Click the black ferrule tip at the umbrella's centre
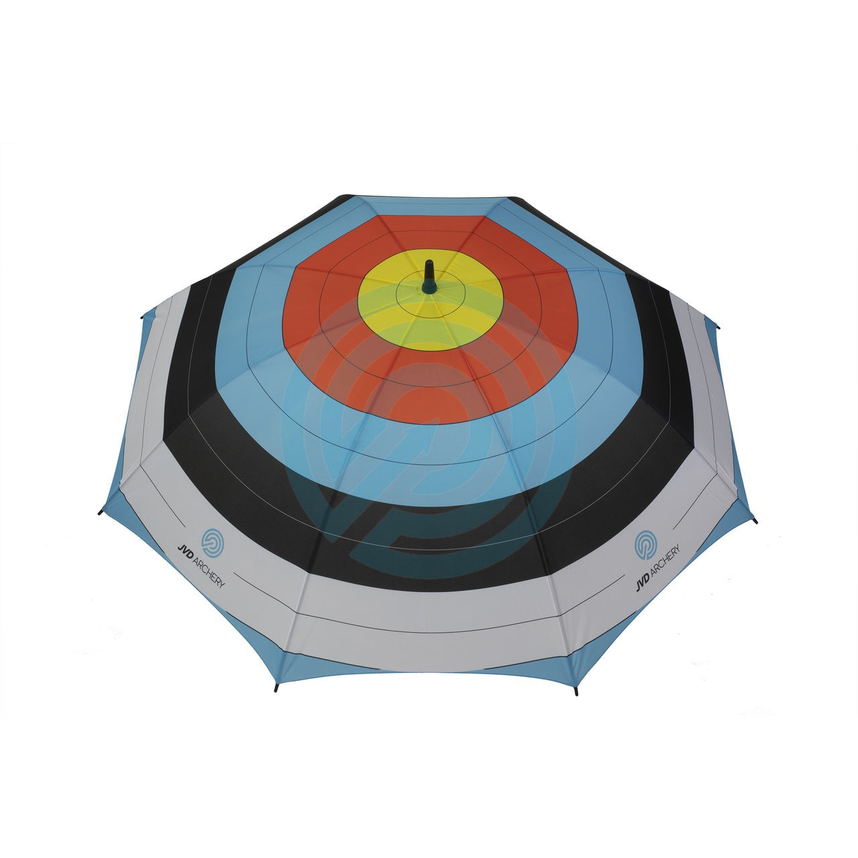[429, 276]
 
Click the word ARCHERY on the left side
[208, 572]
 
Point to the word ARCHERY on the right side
[665, 561]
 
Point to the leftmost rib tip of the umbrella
[100, 513]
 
